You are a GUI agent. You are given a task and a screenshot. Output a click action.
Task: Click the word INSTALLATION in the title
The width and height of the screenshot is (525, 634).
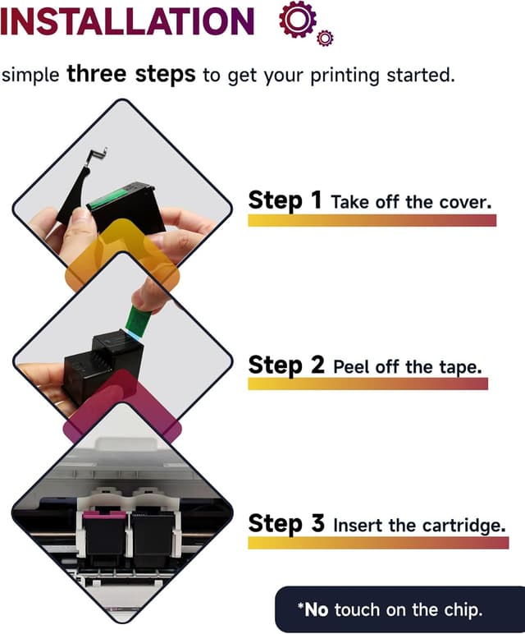point(127,21)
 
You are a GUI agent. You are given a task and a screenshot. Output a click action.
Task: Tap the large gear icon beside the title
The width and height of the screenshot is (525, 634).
point(298,20)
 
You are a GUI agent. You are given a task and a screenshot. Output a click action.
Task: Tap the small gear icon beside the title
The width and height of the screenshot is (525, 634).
point(325,38)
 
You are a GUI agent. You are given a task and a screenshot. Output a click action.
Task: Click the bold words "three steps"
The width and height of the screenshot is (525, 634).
point(131,75)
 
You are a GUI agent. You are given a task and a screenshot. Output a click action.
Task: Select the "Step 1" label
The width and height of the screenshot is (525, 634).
point(285,200)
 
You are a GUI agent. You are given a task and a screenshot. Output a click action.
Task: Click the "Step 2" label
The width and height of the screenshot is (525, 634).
point(286,365)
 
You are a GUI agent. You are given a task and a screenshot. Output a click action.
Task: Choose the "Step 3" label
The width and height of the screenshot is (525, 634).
point(286,523)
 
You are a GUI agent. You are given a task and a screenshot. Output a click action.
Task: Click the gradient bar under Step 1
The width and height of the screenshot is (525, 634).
point(372,220)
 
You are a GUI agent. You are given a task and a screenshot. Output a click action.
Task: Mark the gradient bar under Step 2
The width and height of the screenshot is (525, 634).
point(367,384)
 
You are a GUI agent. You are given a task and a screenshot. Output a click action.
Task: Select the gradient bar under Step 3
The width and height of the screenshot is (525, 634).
point(378,543)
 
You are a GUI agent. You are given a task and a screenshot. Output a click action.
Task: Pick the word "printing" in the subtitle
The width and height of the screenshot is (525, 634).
point(345,76)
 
